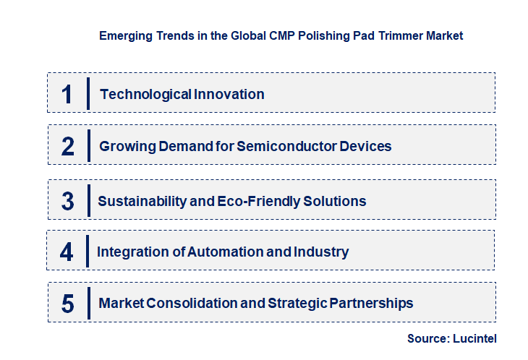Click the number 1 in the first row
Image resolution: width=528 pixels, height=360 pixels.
pyautogui.click(x=67, y=94)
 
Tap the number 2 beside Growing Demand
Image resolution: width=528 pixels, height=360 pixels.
pyautogui.click(x=68, y=146)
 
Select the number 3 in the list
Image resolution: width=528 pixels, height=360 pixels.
pyautogui.click(x=68, y=201)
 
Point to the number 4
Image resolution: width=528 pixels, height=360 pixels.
pyautogui.click(x=67, y=252)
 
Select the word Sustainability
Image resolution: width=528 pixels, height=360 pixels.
pyautogui.click(x=142, y=201)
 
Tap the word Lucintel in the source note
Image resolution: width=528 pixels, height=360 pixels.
pyautogui.click(x=476, y=338)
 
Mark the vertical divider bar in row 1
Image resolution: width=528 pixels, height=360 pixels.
pyautogui.click(x=88, y=93)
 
